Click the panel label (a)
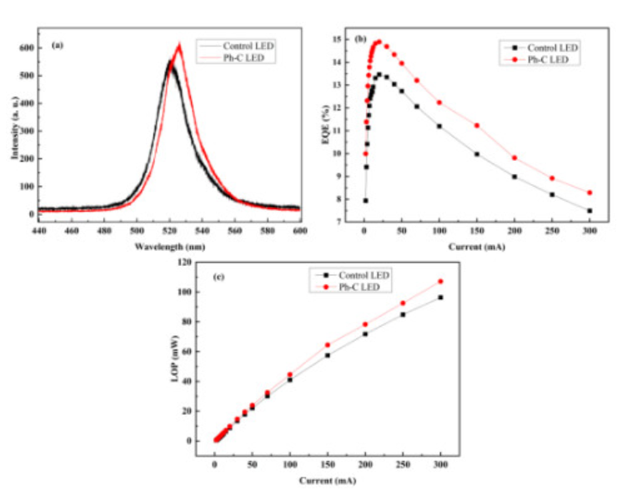(x=58, y=44)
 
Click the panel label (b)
(x=361, y=39)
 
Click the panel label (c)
(x=218, y=276)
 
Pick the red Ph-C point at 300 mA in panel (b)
(x=589, y=192)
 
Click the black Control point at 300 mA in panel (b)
(x=589, y=211)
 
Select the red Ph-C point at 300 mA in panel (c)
(x=441, y=282)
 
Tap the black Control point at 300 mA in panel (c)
(x=441, y=297)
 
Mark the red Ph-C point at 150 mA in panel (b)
(x=477, y=126)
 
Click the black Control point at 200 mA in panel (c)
(x=365, y=333)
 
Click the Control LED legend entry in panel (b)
(x=548, y=47)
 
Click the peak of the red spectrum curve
(x=178, y=45)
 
